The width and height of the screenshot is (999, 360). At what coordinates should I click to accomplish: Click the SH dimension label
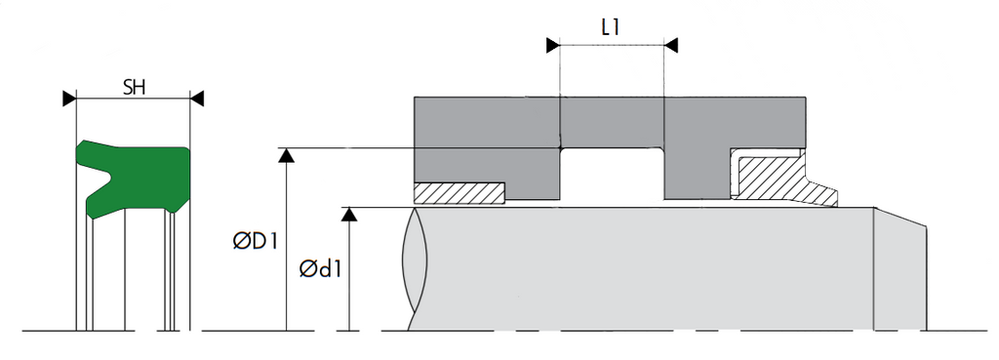point(134,87)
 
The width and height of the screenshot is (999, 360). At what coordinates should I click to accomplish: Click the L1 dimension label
point(611,28)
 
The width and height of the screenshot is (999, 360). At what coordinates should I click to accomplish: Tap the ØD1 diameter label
point(255,242)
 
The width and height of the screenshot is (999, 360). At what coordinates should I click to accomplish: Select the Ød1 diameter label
point(320,269)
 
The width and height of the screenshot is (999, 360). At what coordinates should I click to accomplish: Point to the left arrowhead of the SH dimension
point(69,99)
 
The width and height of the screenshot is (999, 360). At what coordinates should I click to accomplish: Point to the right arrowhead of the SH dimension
point(197,99)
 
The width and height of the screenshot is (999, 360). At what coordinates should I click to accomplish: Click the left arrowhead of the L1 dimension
point(553,45)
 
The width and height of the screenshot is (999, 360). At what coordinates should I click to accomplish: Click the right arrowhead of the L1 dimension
point(670,45)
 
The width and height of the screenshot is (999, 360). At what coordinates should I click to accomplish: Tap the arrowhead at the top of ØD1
point(287,155)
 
